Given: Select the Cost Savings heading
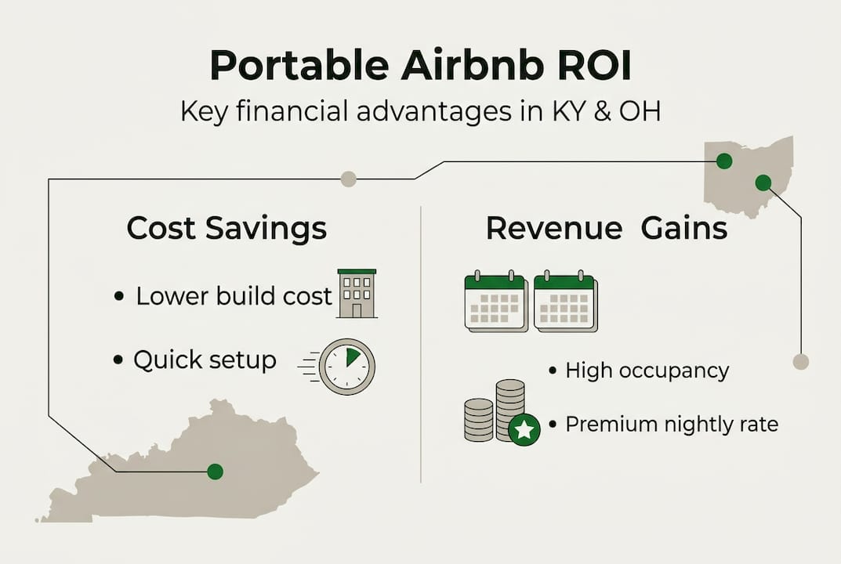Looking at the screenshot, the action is click(x=227, y=230).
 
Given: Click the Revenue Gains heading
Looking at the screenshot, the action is click(x=606, y=229).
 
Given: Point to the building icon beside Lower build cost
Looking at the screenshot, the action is click(x=357, y=293).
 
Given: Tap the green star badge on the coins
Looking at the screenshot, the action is click(x=524, y=429).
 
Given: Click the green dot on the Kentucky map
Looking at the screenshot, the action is click(x=215, y=472).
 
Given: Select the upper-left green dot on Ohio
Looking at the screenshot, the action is click(x=724, y=161).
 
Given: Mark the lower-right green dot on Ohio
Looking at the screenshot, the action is click(x=763, y=183).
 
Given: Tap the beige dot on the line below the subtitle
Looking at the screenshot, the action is click(x=349, y=179).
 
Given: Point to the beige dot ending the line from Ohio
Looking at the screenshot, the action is click(x=801, y=362).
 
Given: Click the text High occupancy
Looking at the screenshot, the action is click(x=647, y=371).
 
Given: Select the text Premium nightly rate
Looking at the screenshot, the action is click(x=672, y=425).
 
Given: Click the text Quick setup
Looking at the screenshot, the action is click(x=205, y=360).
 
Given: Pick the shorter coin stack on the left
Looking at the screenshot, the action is click(x=478, y=420).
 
